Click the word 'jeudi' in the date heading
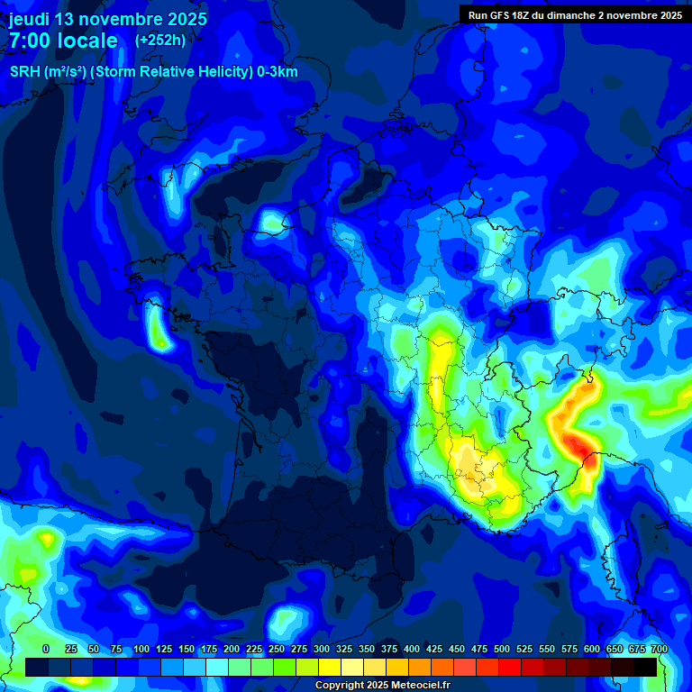coord(29,19)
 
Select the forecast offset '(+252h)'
coord(160,40)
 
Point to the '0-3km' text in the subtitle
coord(278,72)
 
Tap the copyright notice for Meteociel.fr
coord(382,686)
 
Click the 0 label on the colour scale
coord(46,649)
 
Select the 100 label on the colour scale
coord(141,649)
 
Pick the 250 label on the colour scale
coord(277,649)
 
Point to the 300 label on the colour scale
coord(322,649)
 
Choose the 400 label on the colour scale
coord(412,649)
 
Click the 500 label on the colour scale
coord(502,649)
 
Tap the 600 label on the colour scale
coord(592,649)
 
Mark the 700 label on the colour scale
coord(659,649)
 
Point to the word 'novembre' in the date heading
coord(126,19)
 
